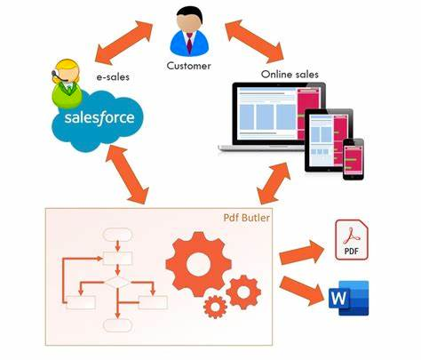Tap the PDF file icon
click(x=351, y=240)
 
